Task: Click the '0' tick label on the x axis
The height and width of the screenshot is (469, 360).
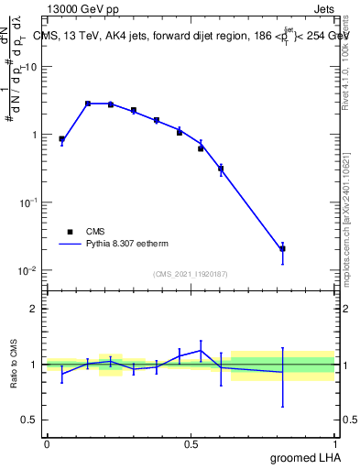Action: [x=47, y=443]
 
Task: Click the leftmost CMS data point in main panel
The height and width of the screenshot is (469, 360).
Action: [x=61, y=139]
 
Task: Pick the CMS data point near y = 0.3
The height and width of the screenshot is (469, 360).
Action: [x=221, y=169]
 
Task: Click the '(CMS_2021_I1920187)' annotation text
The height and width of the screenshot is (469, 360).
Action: [x=190, y=274]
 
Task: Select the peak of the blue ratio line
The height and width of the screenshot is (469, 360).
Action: [x=201, y=350]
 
